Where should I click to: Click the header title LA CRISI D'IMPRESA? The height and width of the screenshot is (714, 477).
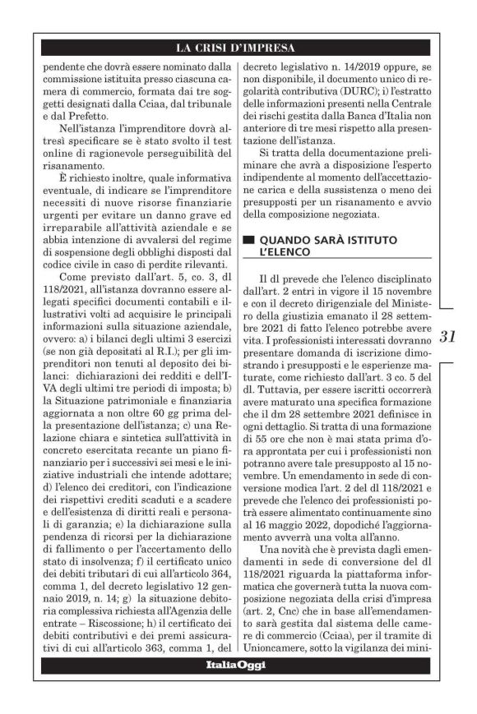pos(238,48)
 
